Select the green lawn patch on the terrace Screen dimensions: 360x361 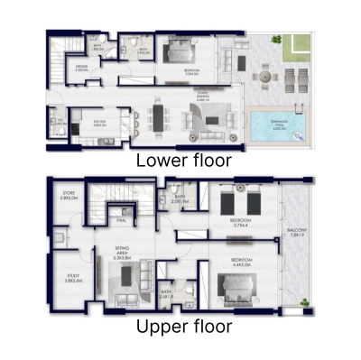tap(296, 48)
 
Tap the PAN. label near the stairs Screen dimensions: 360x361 tap(119, 217)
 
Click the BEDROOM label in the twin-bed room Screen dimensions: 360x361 tap(240, 221)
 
